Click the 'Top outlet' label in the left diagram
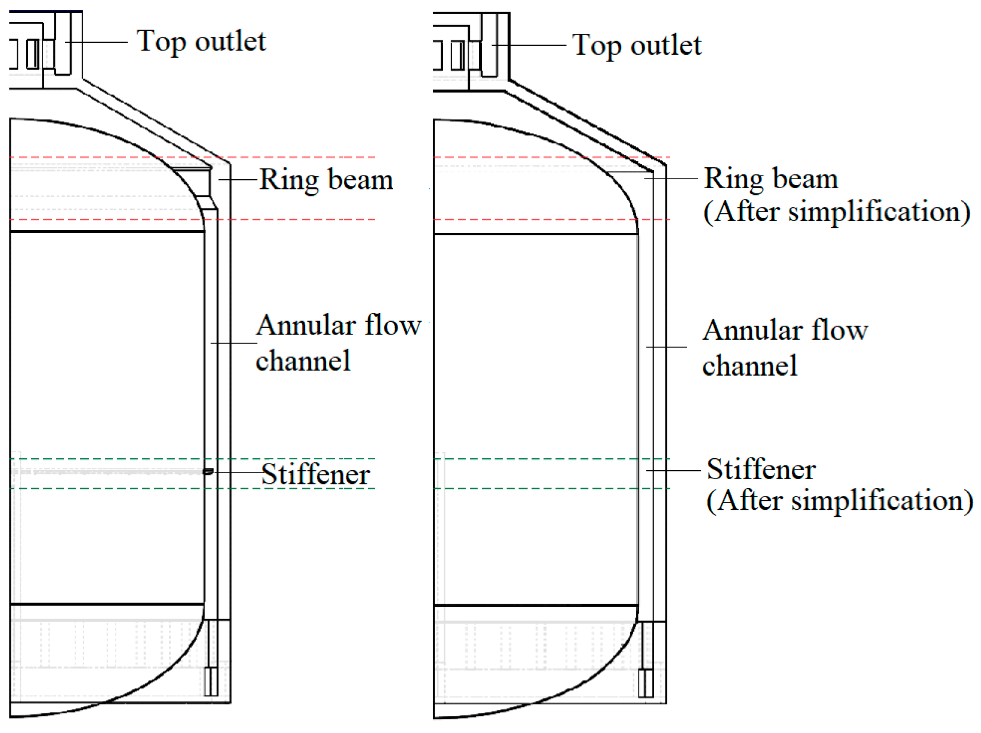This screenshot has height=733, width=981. tap(201, 42)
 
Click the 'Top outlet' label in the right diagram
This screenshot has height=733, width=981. tap(637, 45)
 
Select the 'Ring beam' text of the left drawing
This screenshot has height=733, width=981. tap(326, 179)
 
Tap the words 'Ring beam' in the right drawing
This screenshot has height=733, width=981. tap(771, 178)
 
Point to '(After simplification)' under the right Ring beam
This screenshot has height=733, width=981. tap(836, 212)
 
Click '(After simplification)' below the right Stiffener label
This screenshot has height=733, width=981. tap(839, 501)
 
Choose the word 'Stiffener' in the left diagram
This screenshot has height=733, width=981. tap(315, 474)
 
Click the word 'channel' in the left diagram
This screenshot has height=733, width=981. tap(303, 361)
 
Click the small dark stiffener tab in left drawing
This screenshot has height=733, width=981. tap(208, 472)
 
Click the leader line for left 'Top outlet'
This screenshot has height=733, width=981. tap(97, 42)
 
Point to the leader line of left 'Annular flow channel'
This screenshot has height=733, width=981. tap(234, 343)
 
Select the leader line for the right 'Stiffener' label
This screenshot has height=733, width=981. tap(673, 470)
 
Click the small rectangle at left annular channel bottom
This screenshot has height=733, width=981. tap(211, 681)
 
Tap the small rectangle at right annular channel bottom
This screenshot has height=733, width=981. tap(646, 683)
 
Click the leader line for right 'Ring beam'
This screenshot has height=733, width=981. tap(671, 178)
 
